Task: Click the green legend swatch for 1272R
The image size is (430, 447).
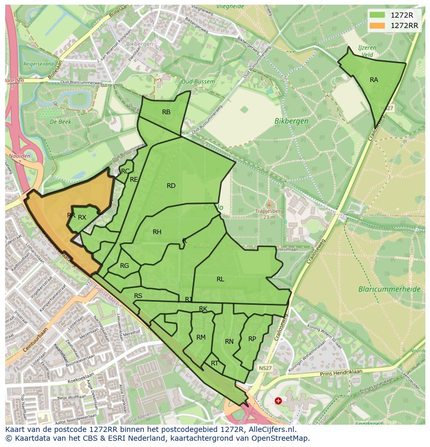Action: (x=378, y=15)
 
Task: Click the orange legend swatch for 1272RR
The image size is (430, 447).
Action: (x=378, y=25)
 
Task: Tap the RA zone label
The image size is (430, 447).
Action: (x=374, y=80)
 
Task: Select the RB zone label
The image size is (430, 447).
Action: (x=166, y=112)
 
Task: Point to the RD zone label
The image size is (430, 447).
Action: (x=171, y=186)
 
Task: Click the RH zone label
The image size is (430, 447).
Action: (x=157, y=232)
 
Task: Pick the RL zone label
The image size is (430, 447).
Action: (x=220, y=279)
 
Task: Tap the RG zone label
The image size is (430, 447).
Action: (x=125, y=266)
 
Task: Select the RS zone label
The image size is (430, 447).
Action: (x=138, y=296)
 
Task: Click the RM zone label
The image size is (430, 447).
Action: (x=201, y=337)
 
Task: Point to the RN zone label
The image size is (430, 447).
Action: (x=229, y=342)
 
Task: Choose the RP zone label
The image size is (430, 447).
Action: (x=252, y=339)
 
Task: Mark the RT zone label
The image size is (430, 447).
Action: (x=214, y=363)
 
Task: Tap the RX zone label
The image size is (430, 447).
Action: (x=82, y=218)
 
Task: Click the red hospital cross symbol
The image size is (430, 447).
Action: (x=278, y=401)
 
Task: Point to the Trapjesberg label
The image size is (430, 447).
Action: (x=270, y=211)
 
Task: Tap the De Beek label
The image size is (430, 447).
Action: (x=60, y=121)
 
